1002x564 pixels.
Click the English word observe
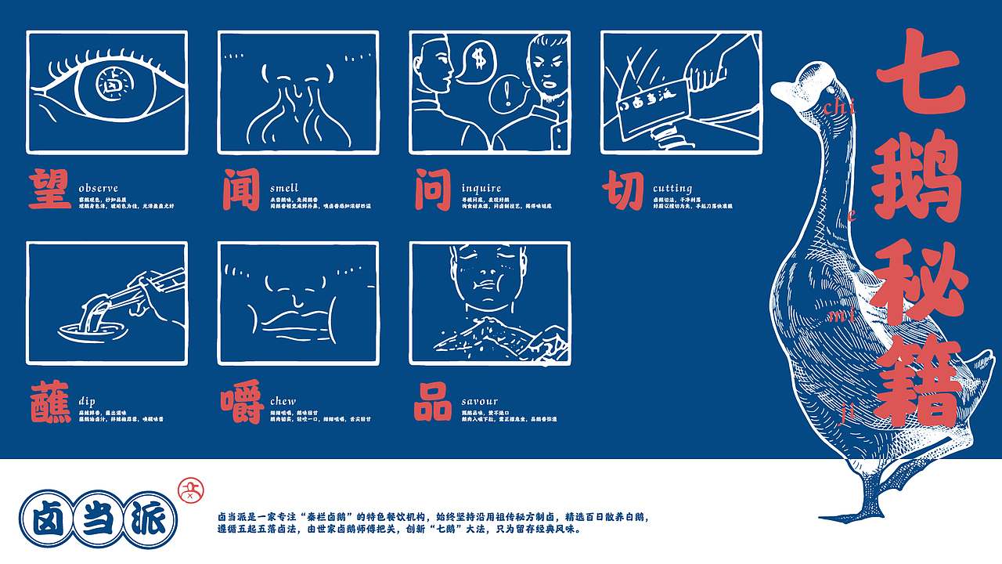tap(98, 188)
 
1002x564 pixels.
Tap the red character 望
tap(50, 188)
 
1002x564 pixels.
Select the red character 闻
tap(240, 188)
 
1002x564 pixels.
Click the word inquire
tap(481, 188)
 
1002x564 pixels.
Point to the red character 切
tap(624, 188)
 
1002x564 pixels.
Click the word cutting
tap(672, 188)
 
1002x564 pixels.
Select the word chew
tap(283, 401)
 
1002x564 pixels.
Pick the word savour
tap(479, 401)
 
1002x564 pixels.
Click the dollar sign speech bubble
tap(475, 60)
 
